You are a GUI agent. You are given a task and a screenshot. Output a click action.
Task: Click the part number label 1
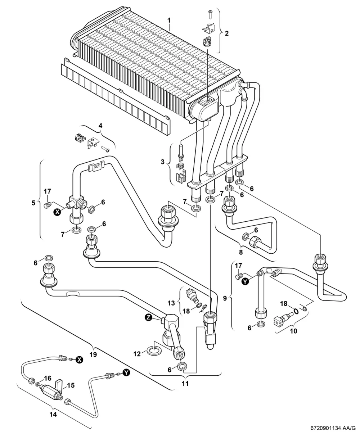[169, 21]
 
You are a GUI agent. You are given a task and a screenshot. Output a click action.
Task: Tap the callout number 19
[93, 354]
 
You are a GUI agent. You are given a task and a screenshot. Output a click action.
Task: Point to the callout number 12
[137, 354]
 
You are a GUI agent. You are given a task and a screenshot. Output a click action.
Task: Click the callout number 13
[171, 303]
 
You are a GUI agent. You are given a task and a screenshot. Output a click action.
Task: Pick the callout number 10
[293, 331]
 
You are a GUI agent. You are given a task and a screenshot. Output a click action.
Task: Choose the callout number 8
[240, 252]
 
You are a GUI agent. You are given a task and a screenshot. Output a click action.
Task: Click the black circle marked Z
[148, 318]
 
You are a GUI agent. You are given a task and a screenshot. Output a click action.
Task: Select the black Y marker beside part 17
[246, 281]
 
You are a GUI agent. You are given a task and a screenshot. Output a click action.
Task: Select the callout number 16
[48, 378]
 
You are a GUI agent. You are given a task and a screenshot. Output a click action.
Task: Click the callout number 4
[100, 126]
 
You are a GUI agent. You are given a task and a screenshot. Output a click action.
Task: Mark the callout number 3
[163, 162]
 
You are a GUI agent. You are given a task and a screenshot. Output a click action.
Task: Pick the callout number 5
[33, 203]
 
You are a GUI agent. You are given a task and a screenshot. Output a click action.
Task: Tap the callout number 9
[225, 298]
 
